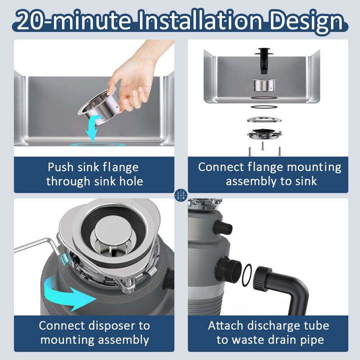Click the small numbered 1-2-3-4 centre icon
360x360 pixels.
(180, 195)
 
